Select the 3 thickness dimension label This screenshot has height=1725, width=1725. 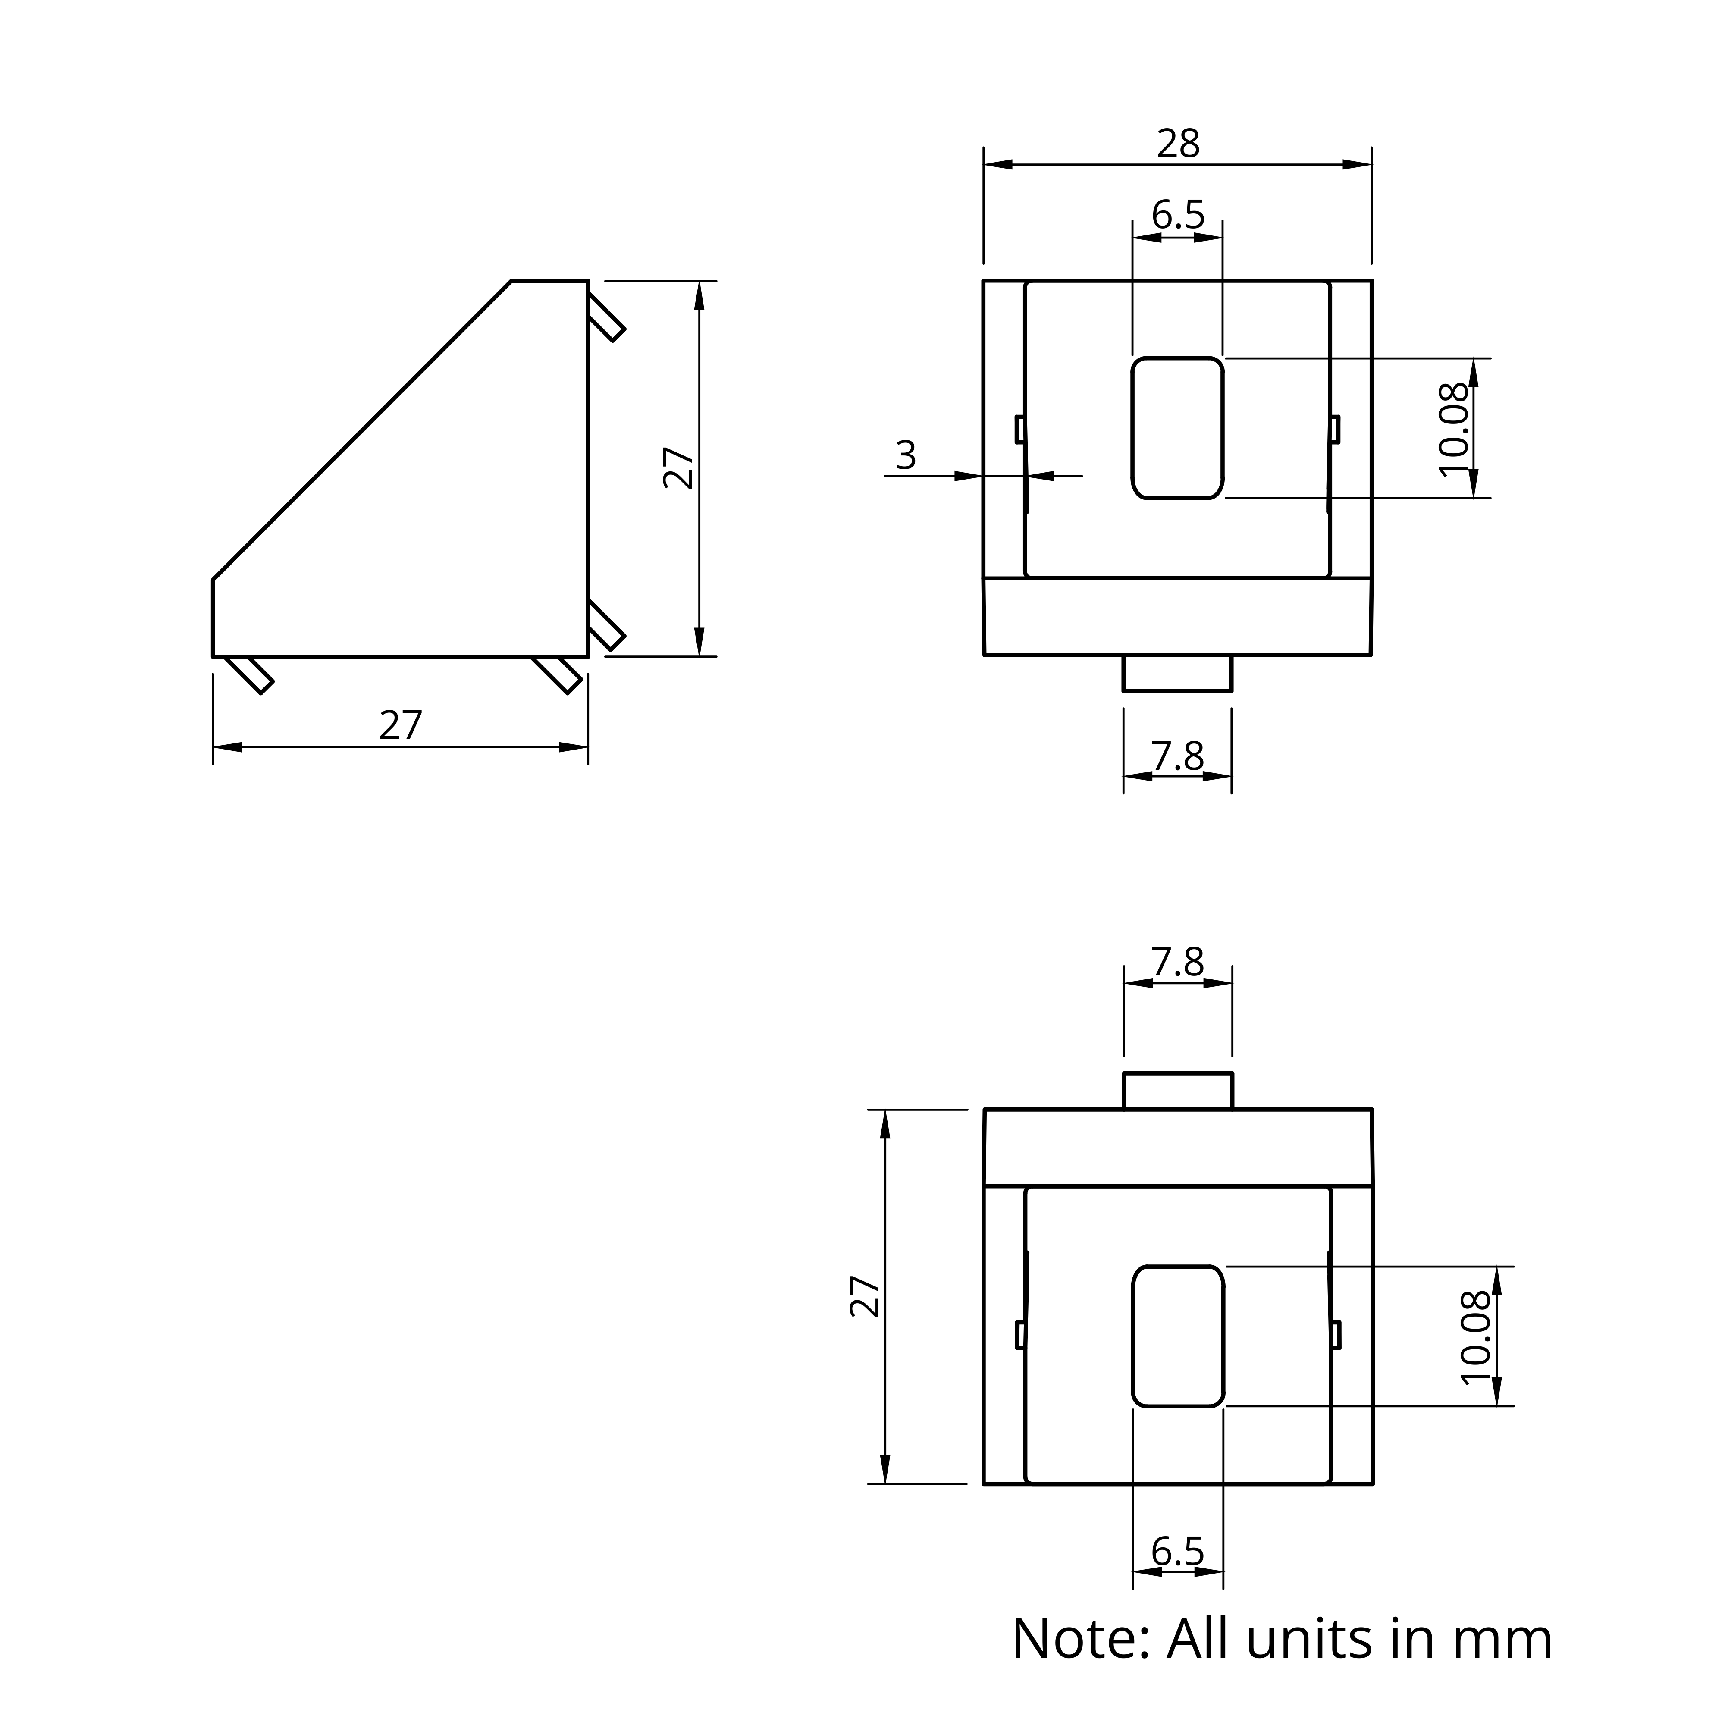[x=905, y=455]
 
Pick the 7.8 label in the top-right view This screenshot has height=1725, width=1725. [x=1178, y=756]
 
